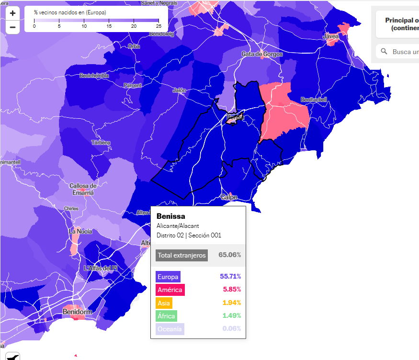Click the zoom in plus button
point(12,13)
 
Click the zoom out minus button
point(12,27)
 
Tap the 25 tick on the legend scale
point(158,26)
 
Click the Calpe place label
point(229,197)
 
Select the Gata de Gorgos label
point(262,54)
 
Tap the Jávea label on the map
point(331,36)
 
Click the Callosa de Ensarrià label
point(83,189)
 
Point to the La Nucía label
point(80,231)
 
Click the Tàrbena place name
point(101,143)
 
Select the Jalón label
point(179,90)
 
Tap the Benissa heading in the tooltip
point(170,216)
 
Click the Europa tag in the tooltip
point(168,277)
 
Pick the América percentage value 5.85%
point(232,290)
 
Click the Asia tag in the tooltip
point(164,303)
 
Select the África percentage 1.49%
point(232,315)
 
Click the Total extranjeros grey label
point(181,255)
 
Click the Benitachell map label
point(314,100)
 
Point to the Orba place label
point(134,46)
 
